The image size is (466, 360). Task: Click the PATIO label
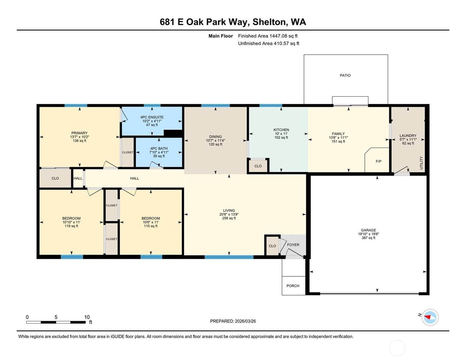tap(345, 75)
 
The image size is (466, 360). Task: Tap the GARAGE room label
tap(369, 230)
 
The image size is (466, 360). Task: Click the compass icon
tap(430, 317)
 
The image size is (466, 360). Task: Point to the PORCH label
tap(293, 286)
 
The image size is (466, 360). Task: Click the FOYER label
tap(293, 244)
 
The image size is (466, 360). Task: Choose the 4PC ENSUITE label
tap(152, 117)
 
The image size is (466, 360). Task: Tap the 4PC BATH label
tap(159, 148)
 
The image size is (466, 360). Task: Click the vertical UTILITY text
tap(421, 163)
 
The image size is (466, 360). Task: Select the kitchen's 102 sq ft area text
tap(281, 138)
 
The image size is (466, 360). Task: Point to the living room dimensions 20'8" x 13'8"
tap(229, 214)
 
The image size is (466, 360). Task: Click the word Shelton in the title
tap(270, 22)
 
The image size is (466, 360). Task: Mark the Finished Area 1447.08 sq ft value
tap(268, 36)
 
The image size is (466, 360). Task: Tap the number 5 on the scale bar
tap(56, 317)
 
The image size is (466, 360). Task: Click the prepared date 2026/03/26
tap(245, 321)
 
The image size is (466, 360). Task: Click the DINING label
tap(215, 136)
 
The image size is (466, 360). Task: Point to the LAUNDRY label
tap(408, 135)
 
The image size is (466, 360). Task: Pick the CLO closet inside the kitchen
tap(258, 166)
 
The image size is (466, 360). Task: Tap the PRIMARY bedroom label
tap(79, 133)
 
